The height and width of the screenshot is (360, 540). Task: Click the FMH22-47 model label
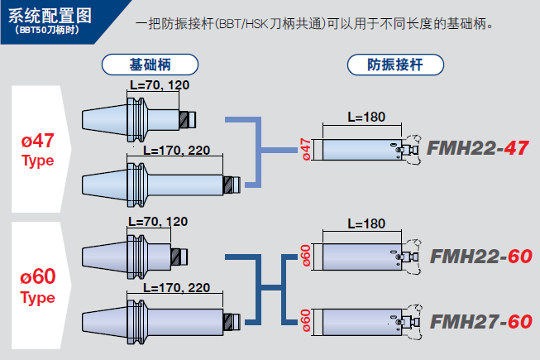tap(477, 148)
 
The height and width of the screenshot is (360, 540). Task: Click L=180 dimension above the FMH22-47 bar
tap(366, 117)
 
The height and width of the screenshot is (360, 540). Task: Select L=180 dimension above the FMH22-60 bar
tap(366, 224)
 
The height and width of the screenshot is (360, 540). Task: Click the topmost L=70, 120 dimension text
tap(160, 85)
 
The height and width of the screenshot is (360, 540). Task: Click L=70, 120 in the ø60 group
tap(158, 222)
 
